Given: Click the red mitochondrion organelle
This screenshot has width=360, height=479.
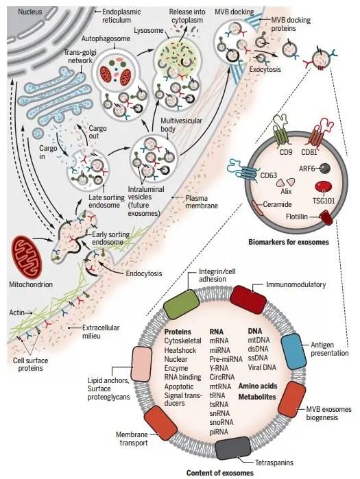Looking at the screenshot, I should [31, 256].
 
